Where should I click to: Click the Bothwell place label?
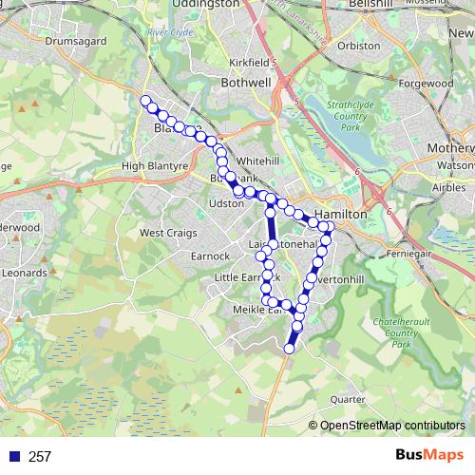tap(245, 83)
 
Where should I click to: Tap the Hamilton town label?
tap(341, 216)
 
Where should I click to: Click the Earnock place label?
tap(210, 256)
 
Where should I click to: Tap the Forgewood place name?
tap(426, 84)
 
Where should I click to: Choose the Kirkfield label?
tap(250, 62)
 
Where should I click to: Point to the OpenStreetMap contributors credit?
tap(392, 426)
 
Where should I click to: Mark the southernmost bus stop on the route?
tap(290, 350)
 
